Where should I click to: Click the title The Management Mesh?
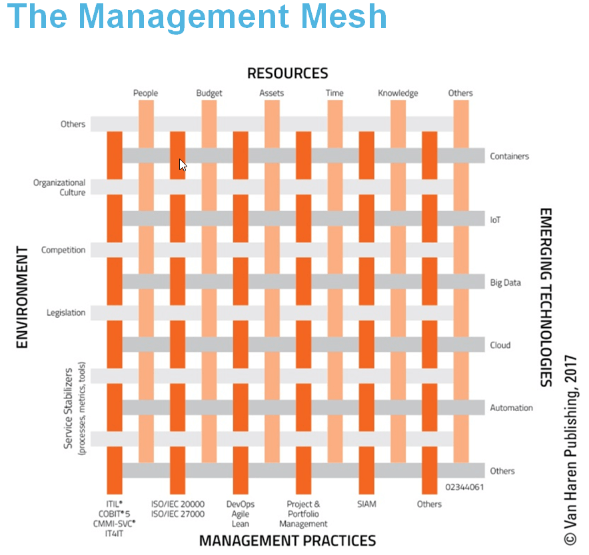[x=197, y=17]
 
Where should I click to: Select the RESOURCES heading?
[x=287, y=73]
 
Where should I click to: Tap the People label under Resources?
[x=145, y=93]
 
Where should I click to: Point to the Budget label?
[x=209, y=93]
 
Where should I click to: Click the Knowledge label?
[x=398, y=93]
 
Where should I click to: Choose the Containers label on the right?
[x=509, y=156]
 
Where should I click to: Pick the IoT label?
[x=495, y=220]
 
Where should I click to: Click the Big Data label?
[x=505, y=282]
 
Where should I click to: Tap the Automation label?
[x=511, y=408]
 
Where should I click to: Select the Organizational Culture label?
[x=59, y=187]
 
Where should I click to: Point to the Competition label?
[x=63, y=250]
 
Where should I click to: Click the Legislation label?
[x=66, y=312]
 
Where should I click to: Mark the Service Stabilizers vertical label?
[x=68, y=408]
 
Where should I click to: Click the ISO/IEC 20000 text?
[x=178, y=504]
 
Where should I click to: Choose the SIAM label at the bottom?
[x=366, y=504]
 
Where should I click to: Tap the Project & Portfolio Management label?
[x=303, y=514]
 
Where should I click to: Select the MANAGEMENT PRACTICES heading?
[x=287, y=541]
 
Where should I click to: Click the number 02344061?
[x=464, y=487]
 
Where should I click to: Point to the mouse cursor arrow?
[x=183, y=165]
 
